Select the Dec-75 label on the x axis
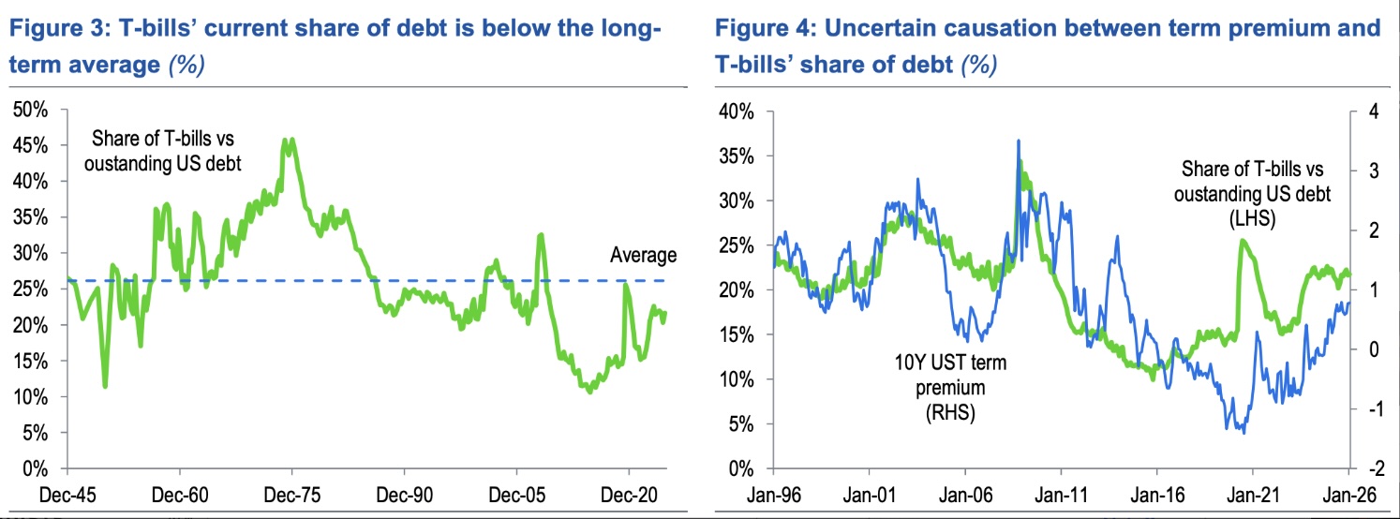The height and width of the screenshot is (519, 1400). tap(291, 493)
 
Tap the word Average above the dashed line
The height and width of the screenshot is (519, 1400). tap(643, 254)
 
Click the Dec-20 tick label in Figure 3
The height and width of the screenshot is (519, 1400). tap(627, 493)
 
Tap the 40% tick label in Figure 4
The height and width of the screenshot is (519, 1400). tap(735, 111)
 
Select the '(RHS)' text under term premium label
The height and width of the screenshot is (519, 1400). tap(945, 412)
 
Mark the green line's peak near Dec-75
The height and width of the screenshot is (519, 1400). tap(291, 140)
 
